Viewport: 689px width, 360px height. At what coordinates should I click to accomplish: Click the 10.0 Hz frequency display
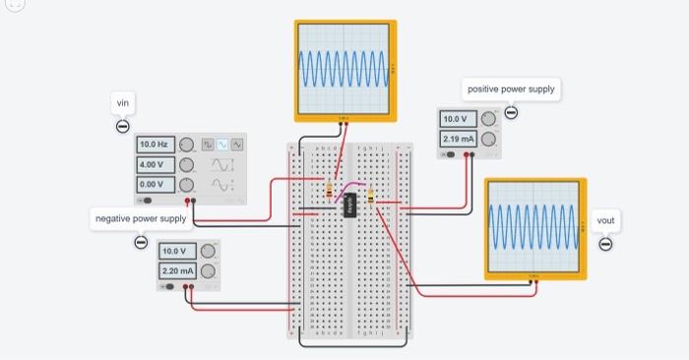(156, 145)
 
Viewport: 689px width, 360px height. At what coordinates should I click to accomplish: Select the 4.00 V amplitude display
(156, 164)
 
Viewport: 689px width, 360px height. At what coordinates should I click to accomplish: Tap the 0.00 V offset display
(156, 184)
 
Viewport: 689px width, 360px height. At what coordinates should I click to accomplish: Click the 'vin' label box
(123, 103)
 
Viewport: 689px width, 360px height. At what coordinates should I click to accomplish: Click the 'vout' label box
(605, 220)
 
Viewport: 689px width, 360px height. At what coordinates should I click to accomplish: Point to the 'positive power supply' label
(511, 90)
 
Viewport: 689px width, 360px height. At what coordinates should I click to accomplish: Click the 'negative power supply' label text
(139, 217)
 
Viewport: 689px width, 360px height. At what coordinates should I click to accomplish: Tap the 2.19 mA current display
(458, 139)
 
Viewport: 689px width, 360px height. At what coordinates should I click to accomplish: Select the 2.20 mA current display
(178, 270)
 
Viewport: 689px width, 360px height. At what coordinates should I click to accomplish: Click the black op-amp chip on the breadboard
(349, 205)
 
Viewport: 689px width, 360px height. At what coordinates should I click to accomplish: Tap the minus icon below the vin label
(123, 126)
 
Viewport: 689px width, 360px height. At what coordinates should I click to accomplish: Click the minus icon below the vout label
(605, 244)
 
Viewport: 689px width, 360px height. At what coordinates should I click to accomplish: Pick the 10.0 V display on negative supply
(178, 250)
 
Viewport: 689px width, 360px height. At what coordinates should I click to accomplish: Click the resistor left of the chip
(328, 189)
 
